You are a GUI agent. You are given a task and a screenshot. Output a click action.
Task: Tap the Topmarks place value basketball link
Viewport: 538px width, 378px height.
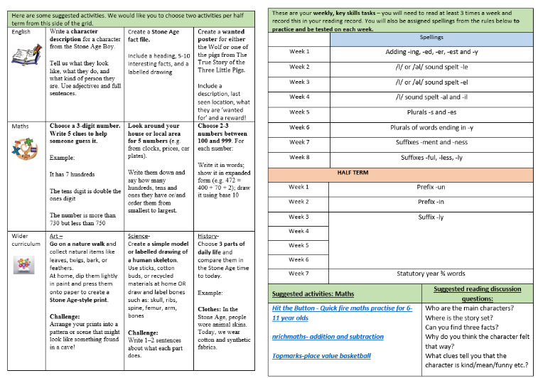322,355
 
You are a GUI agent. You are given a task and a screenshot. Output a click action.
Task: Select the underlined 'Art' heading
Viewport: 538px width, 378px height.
56,235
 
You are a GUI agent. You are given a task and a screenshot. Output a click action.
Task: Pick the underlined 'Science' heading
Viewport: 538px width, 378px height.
139,235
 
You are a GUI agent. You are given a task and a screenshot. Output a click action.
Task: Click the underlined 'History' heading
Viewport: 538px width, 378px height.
208,235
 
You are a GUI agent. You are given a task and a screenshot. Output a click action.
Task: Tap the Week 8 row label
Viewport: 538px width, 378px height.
299,157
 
